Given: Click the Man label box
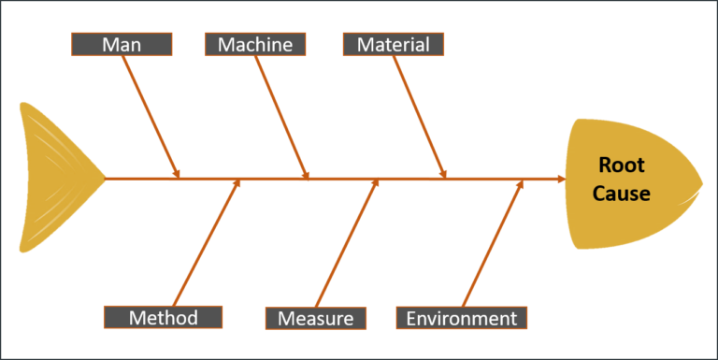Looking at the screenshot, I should click(x=122, y=44).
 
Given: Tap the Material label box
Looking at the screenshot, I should click(x=393, y=44).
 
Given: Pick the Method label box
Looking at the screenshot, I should click(x=164, y=317).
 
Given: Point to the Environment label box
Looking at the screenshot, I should click(x=462, y=318).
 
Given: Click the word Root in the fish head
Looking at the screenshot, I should click(x=622, y=166).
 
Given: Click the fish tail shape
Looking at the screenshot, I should click(x=56, y=178).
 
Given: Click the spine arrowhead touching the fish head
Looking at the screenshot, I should click(x=560, y=178).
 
